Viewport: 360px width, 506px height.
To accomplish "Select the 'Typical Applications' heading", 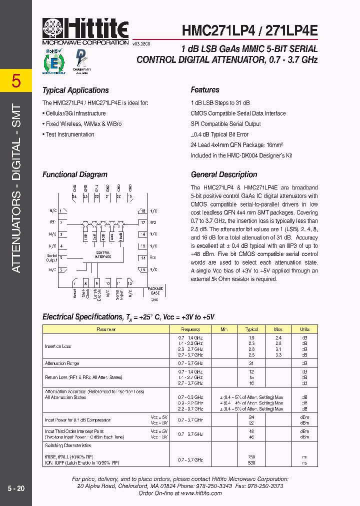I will point(75,90).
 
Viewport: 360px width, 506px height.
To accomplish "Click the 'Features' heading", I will point(205,90).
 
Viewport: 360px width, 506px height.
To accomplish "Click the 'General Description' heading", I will point(224,174).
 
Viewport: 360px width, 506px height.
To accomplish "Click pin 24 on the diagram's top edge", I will point(74,196).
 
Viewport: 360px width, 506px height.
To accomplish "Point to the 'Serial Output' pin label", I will point(51,258).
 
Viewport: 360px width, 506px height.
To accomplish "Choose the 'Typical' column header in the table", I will point(251,329).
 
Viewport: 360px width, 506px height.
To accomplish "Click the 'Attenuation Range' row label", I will point(62,363).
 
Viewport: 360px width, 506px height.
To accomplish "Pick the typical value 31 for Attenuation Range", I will point(252,363).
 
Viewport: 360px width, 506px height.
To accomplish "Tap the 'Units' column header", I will point(304,329).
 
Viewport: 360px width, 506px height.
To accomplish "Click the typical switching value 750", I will point(252,456).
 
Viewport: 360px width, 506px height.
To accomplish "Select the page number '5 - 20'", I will point(16,488).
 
